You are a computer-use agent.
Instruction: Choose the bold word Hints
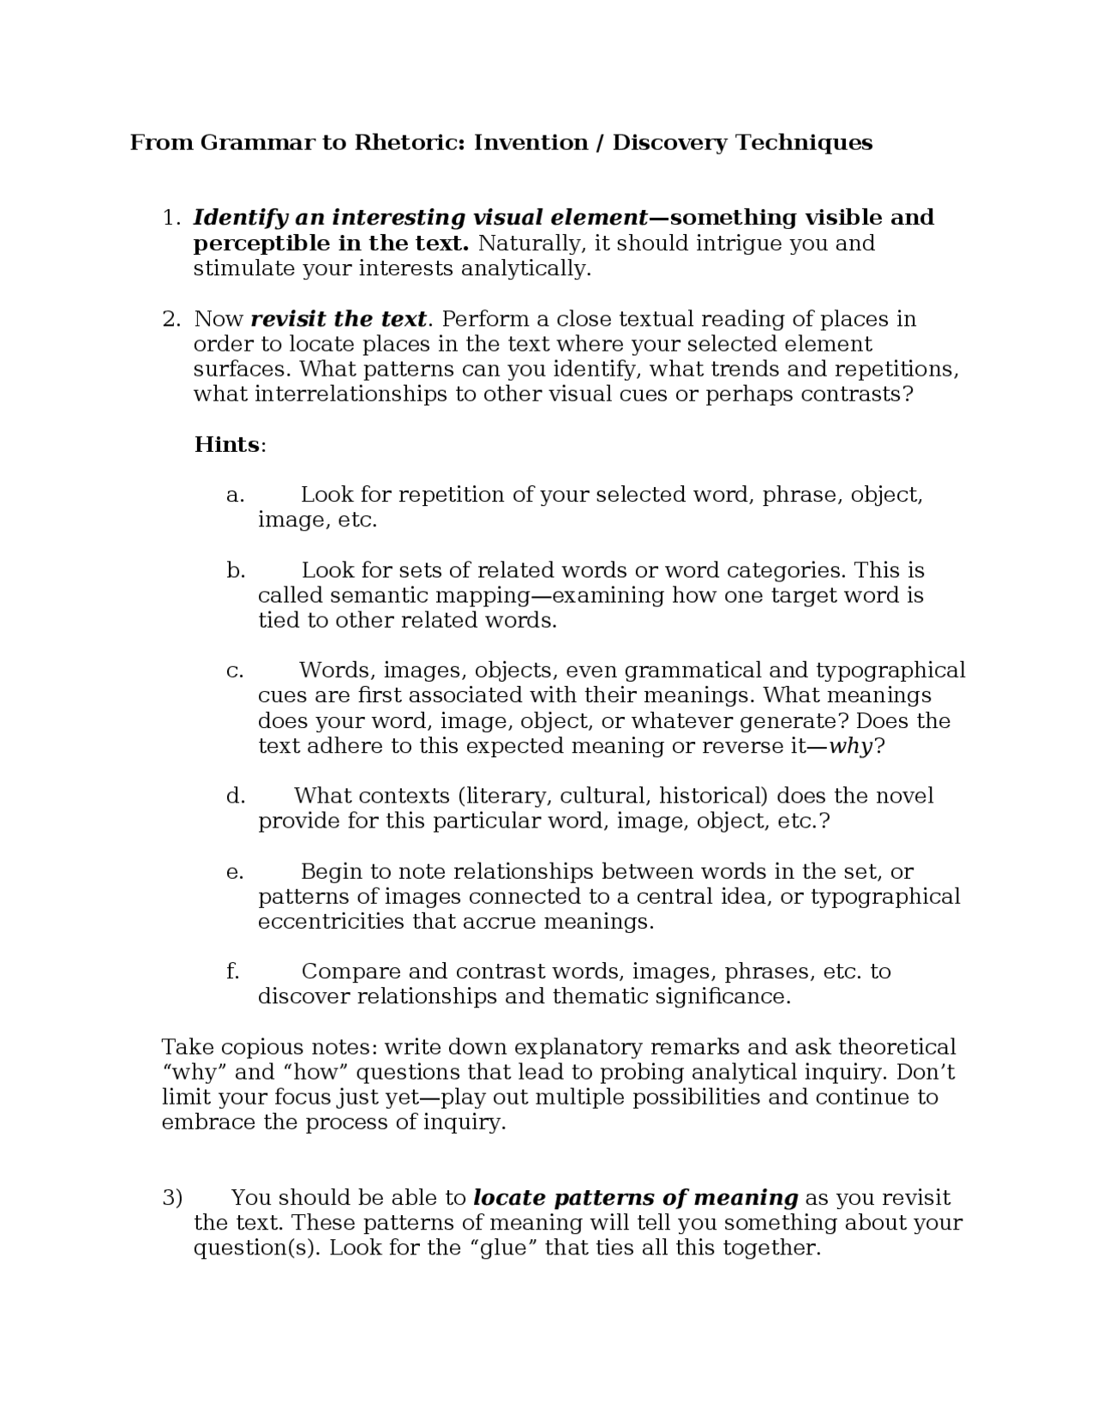[x=227, y=444]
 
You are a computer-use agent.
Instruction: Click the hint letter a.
[x=235, y=495]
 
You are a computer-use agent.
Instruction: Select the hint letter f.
[x=232, y=972]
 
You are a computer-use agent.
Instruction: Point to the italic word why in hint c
[x=850, y=746]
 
